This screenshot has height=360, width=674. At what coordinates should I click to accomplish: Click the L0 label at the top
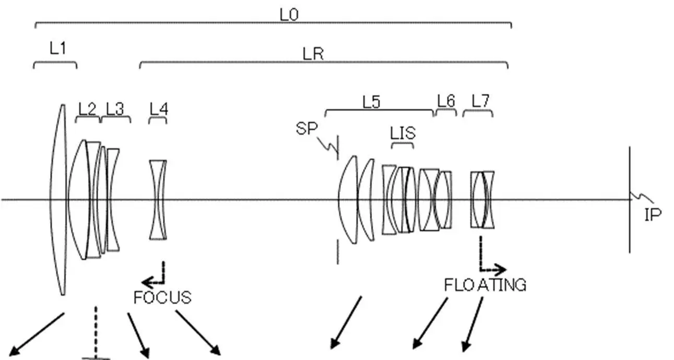pos(289,15)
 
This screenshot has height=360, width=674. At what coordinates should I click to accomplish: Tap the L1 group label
pos(58,48)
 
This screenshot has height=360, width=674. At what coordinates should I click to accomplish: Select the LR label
pos(313,54)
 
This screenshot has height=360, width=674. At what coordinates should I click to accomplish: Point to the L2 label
pos(87,109)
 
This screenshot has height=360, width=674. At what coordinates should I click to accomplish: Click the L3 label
pos(115,109)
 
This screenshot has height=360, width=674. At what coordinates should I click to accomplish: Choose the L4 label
pos(159,109)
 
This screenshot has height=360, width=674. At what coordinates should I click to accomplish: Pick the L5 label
pos(371,102)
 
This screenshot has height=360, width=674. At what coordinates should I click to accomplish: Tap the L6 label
pos(446,101)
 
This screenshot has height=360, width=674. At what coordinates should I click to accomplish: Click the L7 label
pos(480,101)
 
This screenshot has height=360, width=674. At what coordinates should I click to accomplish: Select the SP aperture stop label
pos(306,128)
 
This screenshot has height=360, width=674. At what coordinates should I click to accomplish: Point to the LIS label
pos(403,133)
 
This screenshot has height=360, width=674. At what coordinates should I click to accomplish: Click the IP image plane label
pos(653,215)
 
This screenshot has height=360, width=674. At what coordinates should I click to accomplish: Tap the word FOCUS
pos(162,297)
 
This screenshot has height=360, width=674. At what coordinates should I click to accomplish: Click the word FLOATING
pos(486,285)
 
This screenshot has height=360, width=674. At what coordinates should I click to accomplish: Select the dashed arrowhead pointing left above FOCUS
pos(147,282)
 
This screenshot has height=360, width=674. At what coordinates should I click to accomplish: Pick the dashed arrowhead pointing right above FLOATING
pos(500,269)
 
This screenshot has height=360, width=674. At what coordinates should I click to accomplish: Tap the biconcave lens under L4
pos(158,200)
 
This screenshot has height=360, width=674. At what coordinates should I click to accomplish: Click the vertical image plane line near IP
pos(630,200)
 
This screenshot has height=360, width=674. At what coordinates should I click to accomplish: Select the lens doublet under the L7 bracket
pos(482,200)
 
